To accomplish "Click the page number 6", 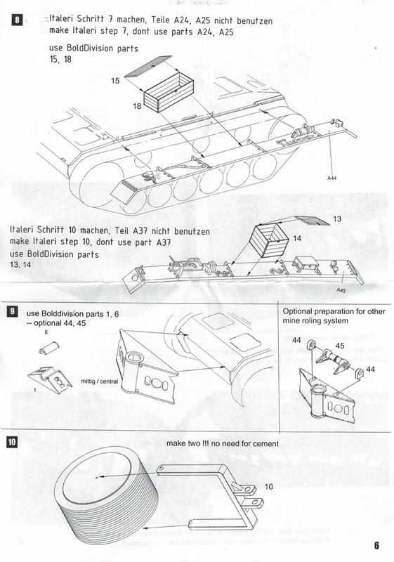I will click(376, 545).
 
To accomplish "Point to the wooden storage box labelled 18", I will click(169, 98).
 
